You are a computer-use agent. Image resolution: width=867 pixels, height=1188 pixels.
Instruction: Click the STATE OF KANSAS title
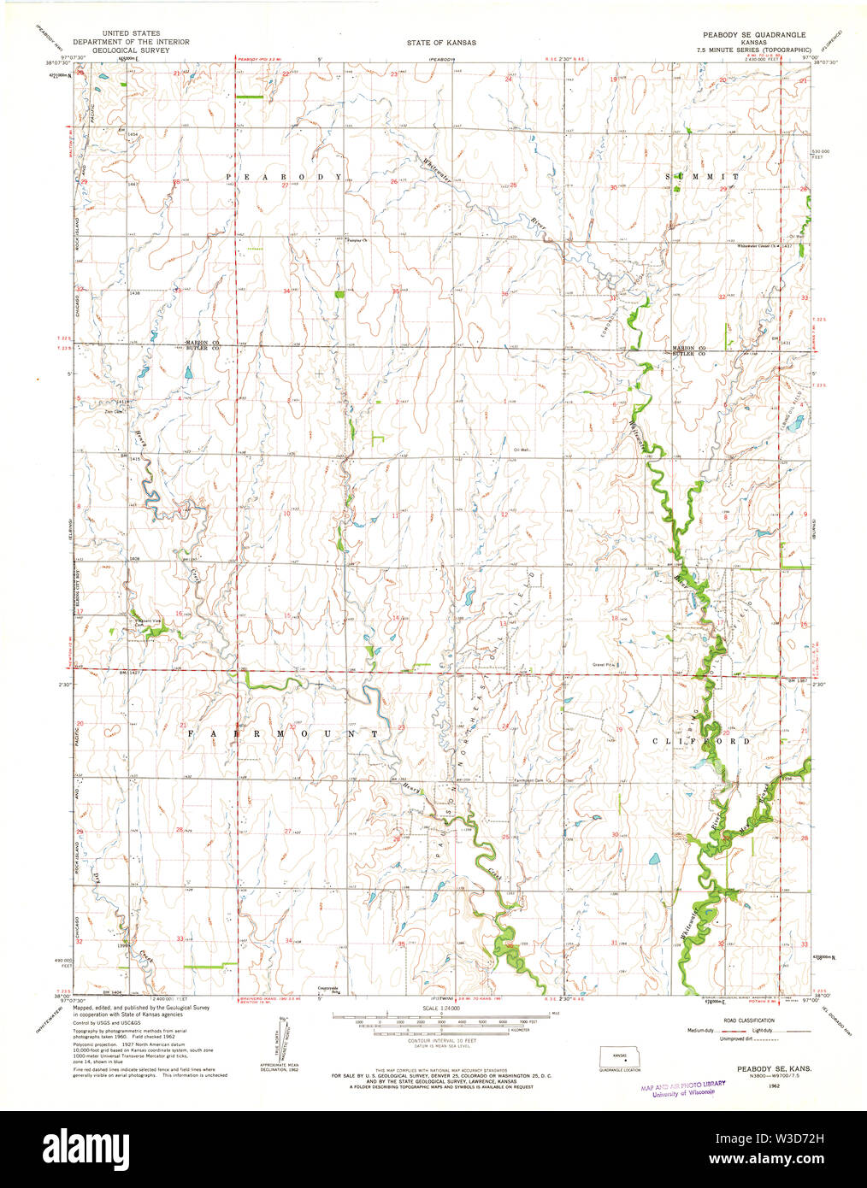point(441,42)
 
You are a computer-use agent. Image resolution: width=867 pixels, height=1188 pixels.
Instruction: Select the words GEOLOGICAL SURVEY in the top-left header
point(131,50)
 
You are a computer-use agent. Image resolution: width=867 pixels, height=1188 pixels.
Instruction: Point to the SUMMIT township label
point(705,176)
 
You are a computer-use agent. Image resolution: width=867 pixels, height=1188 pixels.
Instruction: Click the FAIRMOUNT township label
point(283,734)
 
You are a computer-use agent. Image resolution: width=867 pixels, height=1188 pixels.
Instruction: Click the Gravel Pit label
point(605,663)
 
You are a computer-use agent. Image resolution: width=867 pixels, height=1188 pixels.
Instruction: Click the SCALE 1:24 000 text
point(440,1009)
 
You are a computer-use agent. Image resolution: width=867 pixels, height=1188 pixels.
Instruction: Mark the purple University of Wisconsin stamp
point(682,1087)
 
